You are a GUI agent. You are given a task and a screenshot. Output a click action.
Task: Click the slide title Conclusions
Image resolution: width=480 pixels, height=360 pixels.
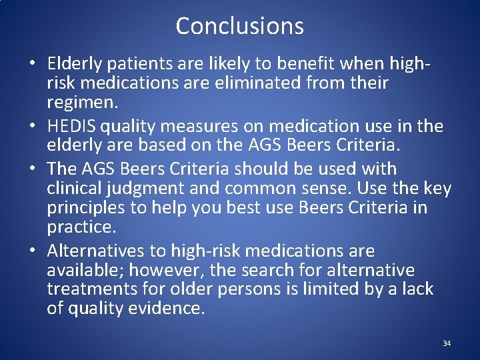(239, 26)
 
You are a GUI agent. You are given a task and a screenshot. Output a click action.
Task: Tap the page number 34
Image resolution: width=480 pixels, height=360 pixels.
(447, 343)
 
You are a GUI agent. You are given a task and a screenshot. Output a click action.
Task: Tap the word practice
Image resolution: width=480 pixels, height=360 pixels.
(81, 227)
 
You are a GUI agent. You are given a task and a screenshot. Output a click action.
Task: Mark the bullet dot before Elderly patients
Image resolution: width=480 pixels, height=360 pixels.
(32, 65)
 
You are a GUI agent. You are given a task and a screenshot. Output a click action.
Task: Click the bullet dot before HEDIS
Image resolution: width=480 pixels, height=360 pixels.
(32, 127)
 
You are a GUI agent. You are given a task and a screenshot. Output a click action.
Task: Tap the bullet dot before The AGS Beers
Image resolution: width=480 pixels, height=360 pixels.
(32, 170)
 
